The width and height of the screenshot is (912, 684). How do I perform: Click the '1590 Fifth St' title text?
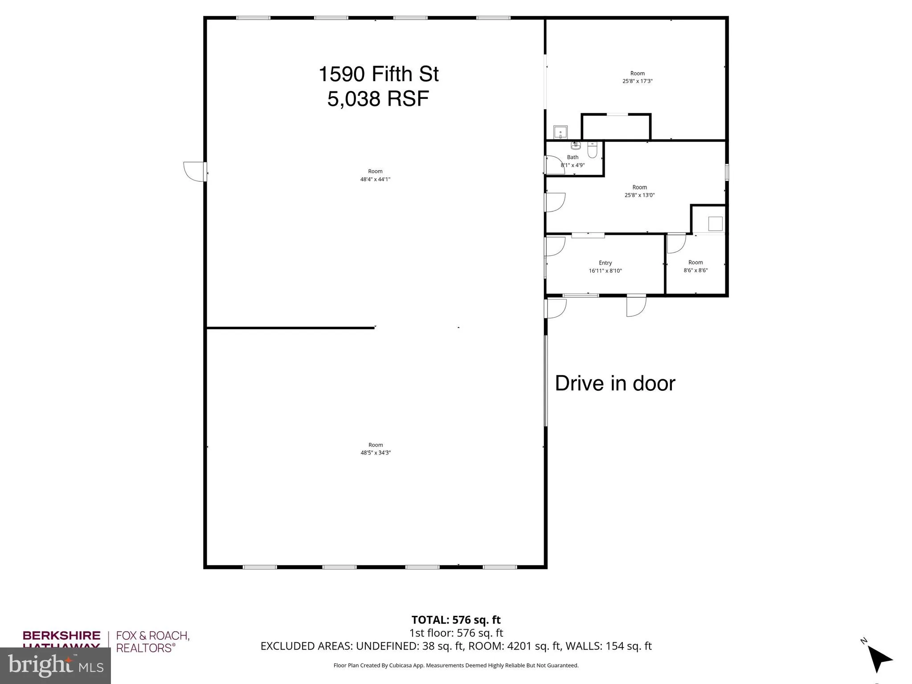click(x=378, y=74)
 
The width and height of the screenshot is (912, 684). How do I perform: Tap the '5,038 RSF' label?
click(x=378, y=98)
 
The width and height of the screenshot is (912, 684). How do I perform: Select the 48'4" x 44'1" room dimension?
click(x=375, y=180)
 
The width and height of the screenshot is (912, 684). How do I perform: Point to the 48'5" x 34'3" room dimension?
click(x=376, y=453)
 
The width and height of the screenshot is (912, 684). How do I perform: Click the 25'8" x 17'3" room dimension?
click(x=637, y=81)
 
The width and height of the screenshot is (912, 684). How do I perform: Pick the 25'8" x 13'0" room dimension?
click(x=639, y=195)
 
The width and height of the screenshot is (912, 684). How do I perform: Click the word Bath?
click(x=573, y=157)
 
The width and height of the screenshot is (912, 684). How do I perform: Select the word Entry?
click(x=605, y=263)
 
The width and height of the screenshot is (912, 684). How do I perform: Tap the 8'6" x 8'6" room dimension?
click(x=695, y=270)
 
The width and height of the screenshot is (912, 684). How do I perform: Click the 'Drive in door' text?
click(x=615, y=383)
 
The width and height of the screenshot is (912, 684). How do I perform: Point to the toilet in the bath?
click(x=592, y=151)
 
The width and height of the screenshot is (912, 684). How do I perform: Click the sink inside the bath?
click(x=576, y=146)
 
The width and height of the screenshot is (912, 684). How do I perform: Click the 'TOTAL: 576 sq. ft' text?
click(x=456, y=620)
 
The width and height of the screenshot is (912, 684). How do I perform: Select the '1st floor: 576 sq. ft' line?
click(x=456, y=633)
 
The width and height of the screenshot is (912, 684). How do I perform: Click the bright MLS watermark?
click(x=55, y=665)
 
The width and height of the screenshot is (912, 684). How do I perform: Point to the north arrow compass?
click(x=878, y=659)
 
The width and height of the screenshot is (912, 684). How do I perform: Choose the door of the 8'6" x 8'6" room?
click(x=676, y=243)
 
